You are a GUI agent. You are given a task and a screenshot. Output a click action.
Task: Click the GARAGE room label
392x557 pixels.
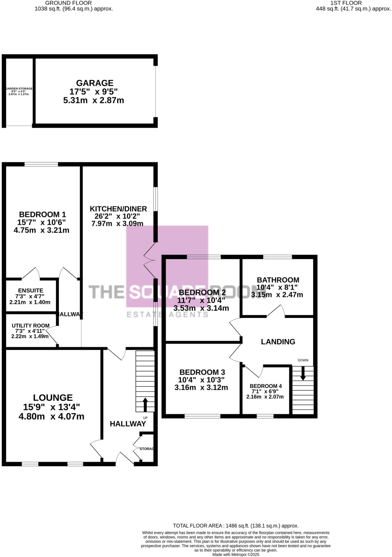[94, 83]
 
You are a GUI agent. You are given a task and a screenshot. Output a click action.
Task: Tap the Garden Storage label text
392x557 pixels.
[19, 89]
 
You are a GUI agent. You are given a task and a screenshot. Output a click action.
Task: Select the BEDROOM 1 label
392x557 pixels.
[42, 214]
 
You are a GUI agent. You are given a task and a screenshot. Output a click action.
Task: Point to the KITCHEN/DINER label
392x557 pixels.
[118, 209]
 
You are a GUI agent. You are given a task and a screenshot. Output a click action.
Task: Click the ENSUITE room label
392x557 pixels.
[30, 290]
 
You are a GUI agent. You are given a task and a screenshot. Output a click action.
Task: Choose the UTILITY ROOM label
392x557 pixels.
[30, 326]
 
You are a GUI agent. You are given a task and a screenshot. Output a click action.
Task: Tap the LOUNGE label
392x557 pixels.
[53, 398]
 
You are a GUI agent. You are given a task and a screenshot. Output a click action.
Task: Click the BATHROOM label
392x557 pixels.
[278, 280]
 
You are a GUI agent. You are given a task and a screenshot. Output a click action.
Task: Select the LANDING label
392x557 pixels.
[278, 342]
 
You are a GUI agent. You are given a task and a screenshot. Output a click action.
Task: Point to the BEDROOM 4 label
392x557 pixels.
[266, 386]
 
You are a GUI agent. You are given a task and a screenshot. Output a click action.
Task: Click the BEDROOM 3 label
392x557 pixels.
[202, 372]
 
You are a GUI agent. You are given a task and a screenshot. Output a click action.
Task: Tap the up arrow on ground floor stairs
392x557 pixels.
[145, 404]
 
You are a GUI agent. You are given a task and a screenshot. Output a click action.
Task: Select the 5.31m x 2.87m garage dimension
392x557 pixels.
[93, 100]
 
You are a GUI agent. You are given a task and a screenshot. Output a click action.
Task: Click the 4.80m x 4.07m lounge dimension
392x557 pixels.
[51, 416]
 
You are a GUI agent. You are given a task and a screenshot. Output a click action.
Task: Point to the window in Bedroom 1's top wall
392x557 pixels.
[41, 164]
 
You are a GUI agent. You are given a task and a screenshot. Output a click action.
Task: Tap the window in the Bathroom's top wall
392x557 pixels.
[277, 256]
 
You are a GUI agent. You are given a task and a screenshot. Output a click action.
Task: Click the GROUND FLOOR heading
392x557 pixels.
[68, 3]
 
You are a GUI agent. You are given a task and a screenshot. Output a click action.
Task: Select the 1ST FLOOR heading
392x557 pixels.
[346, 3]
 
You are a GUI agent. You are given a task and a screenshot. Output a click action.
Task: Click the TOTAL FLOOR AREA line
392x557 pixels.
[236, 526]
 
